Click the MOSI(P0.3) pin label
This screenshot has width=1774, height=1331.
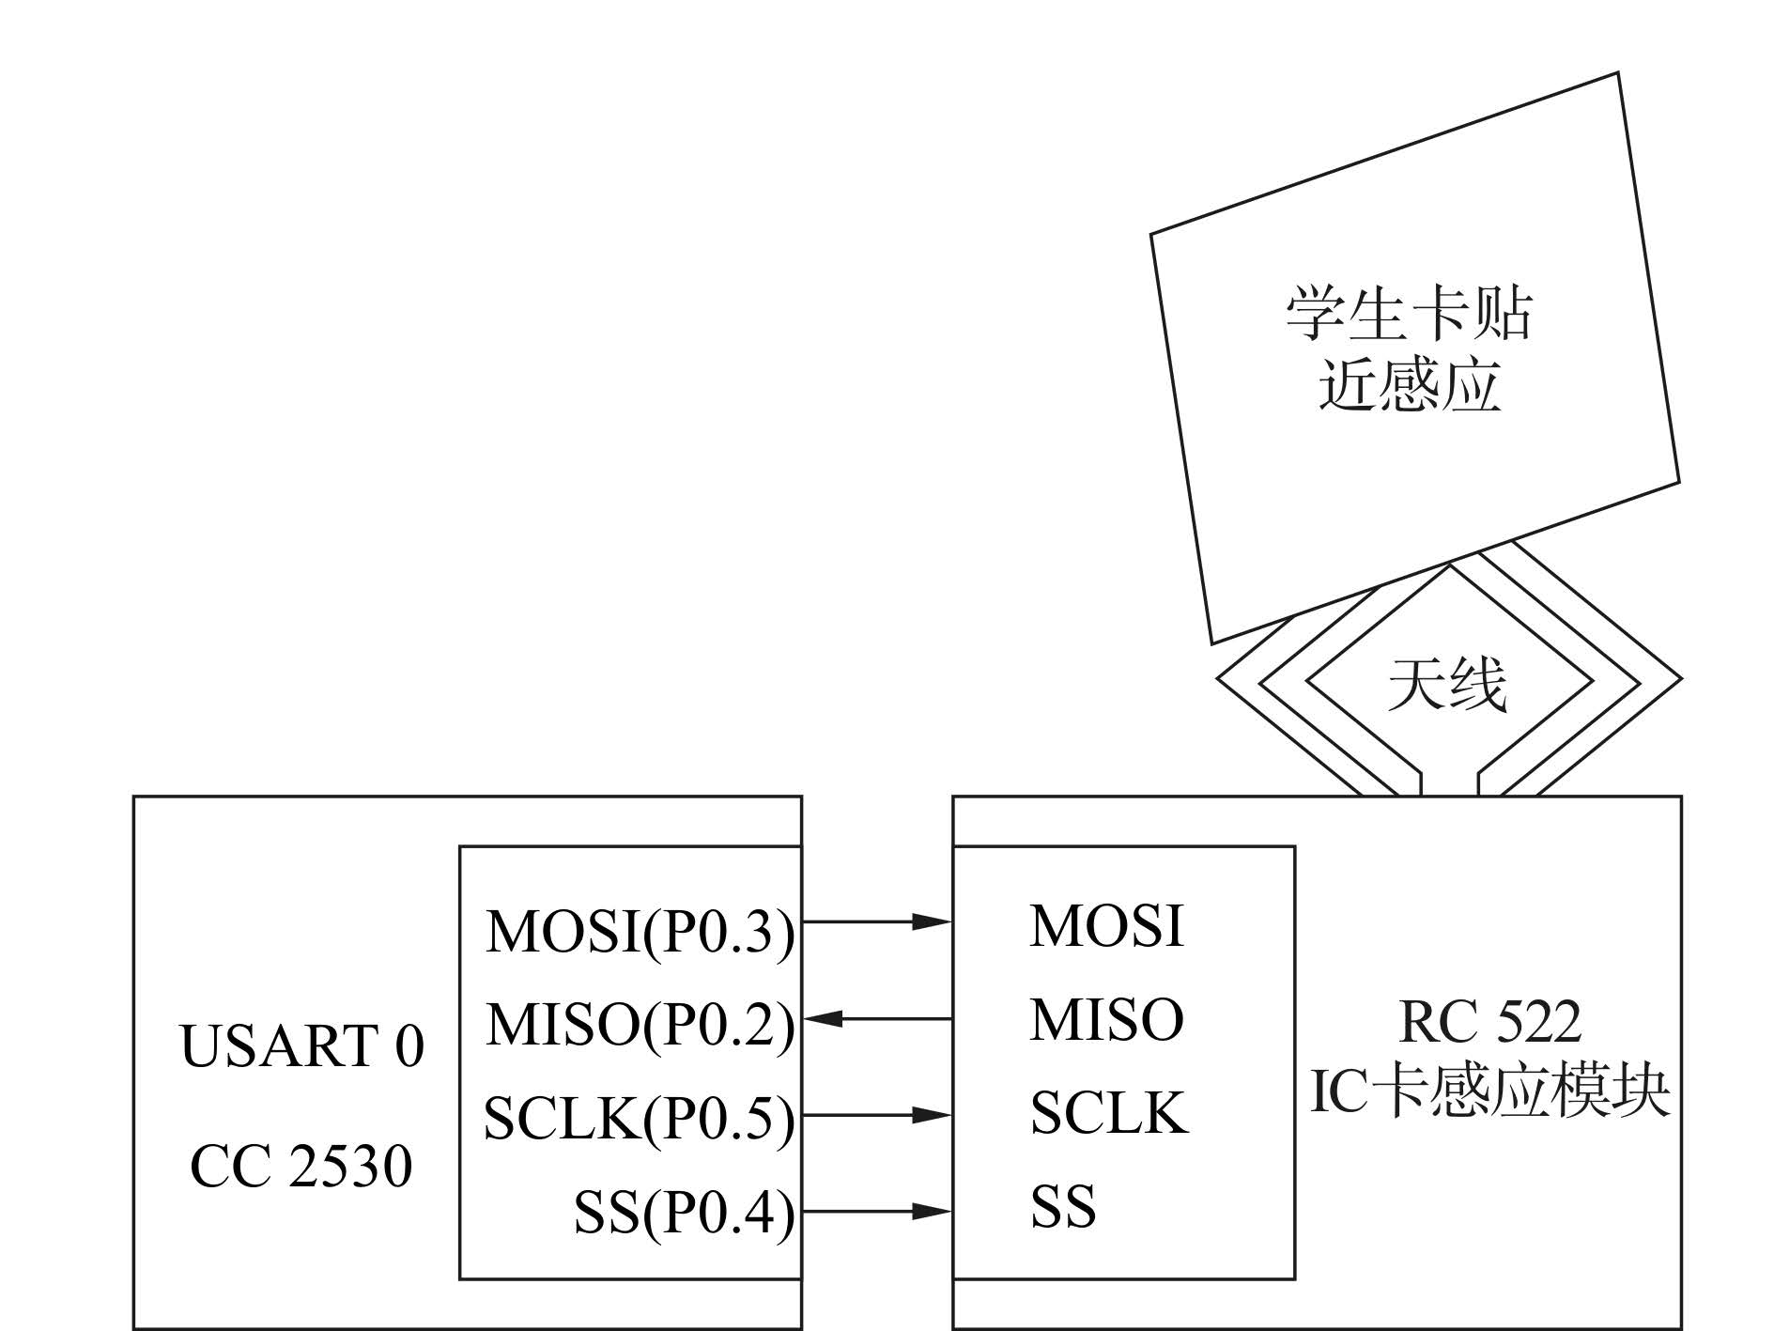point(640,931)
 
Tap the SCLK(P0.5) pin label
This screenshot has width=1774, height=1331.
point(639,1118)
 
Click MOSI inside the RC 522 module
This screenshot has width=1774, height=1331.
point(1106,925)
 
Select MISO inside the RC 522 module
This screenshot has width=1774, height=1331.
point(1106,1019)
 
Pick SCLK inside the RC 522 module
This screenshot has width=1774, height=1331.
point(1109,1113)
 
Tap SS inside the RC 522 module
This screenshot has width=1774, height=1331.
point(1063,1207)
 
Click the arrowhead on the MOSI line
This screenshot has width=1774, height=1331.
point(933,921)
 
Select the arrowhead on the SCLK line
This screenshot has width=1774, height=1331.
point(933,1115)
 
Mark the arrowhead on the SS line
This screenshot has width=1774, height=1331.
point(933,1211)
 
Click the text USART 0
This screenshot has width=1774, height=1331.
point(301,1046)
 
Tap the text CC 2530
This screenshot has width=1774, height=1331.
point(301,1167)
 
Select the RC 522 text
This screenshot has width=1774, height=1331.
point(1489,1022)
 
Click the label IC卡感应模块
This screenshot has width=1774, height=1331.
point(1489,1092)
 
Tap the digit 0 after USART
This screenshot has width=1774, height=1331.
point(408,1046)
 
